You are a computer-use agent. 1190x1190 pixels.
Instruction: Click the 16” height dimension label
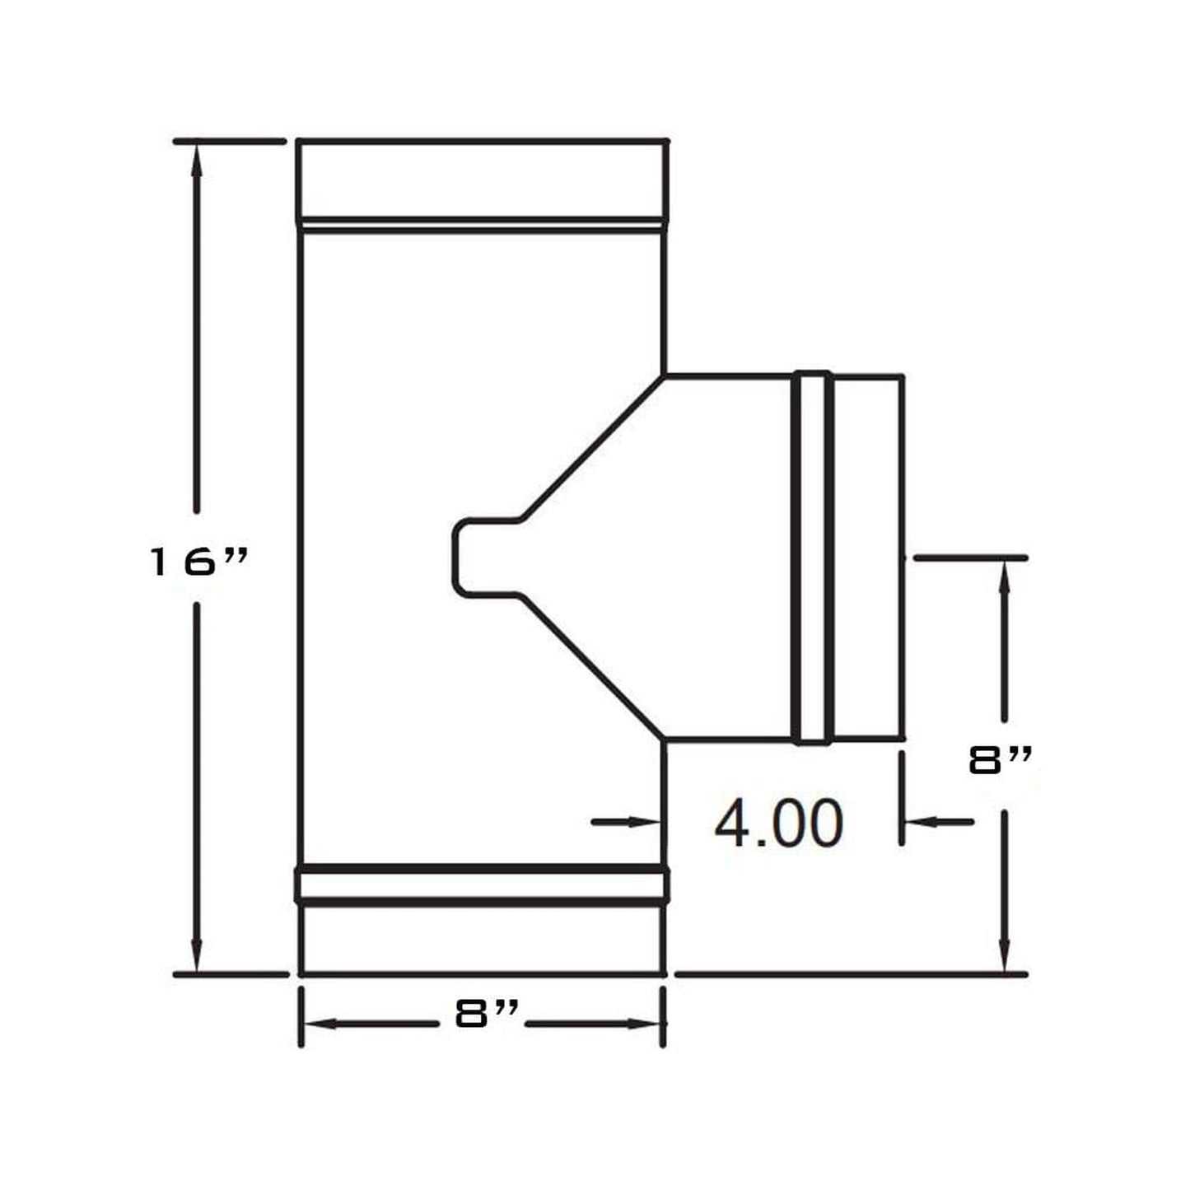(198, 562)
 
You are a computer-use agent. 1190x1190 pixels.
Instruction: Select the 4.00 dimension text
(778, 823)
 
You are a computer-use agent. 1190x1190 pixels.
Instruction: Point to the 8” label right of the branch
(1000, 762)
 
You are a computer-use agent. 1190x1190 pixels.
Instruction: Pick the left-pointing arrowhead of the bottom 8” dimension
(321, 1024)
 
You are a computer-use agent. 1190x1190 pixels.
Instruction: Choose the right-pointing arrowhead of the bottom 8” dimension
(643, 1024)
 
